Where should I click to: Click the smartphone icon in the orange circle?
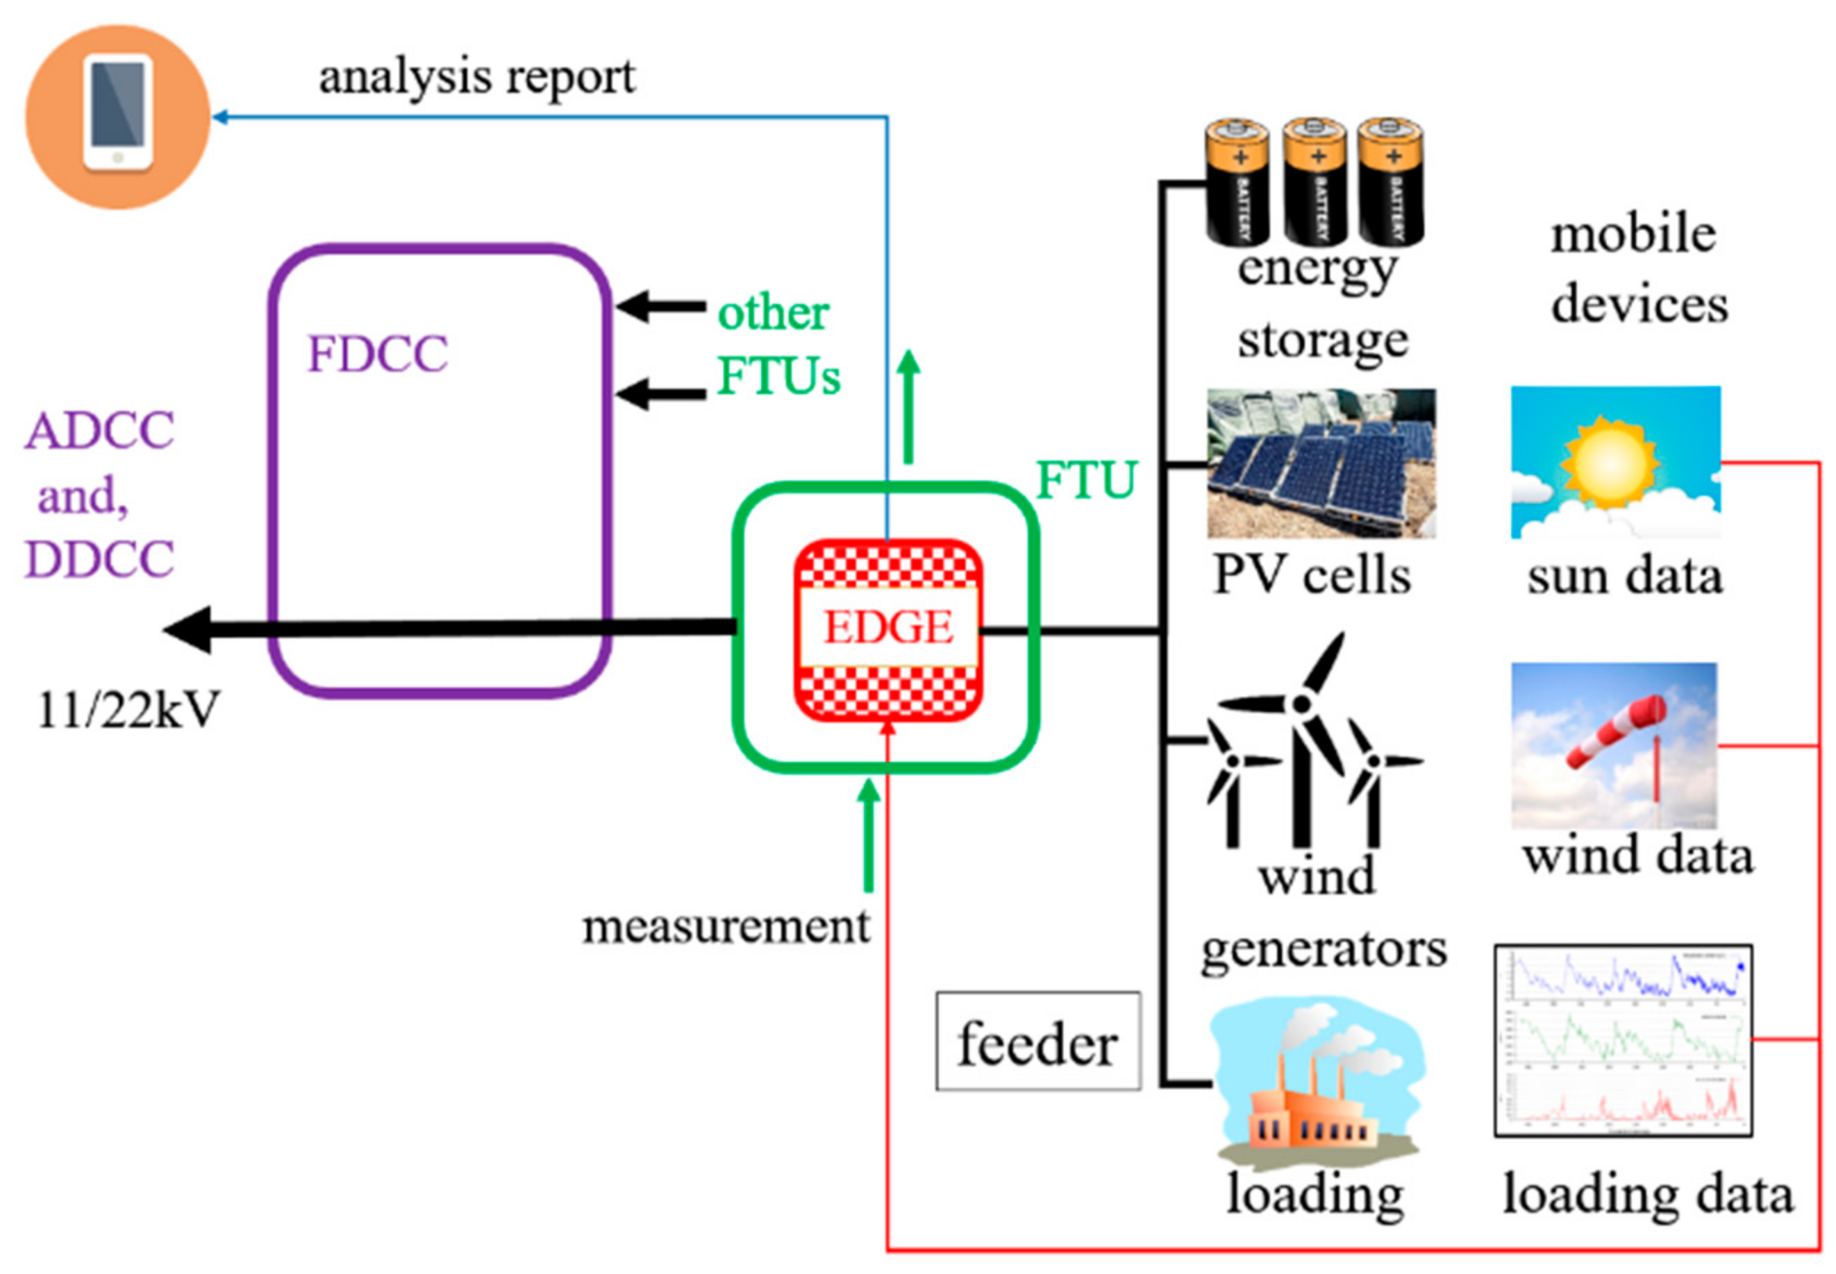tap(117, 112)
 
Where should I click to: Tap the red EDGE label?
tap(887, 627)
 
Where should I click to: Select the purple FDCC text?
tap(377, 354)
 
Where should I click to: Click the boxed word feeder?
tap(1037, 1042)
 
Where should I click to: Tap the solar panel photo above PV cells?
tap(1320, 463)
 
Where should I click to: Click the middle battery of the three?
tap(1314, 182)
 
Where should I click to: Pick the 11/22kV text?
tap(128, 709)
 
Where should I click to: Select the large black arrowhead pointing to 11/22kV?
tap(190, 629)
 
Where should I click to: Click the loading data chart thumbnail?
tap(1622, 1040)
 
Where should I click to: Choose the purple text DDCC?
tap(100, 559)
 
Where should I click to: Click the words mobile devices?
tap(1637, 270)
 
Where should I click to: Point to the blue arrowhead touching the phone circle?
tap(219, 117)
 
